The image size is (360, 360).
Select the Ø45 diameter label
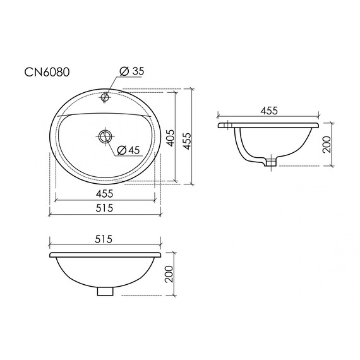point(129,150)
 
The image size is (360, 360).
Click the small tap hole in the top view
point(105,98)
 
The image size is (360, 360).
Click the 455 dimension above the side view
point(268,111)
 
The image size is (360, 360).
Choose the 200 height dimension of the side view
point(326,145)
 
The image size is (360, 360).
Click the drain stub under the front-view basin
point(105,291)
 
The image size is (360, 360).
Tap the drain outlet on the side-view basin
point(271,162)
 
